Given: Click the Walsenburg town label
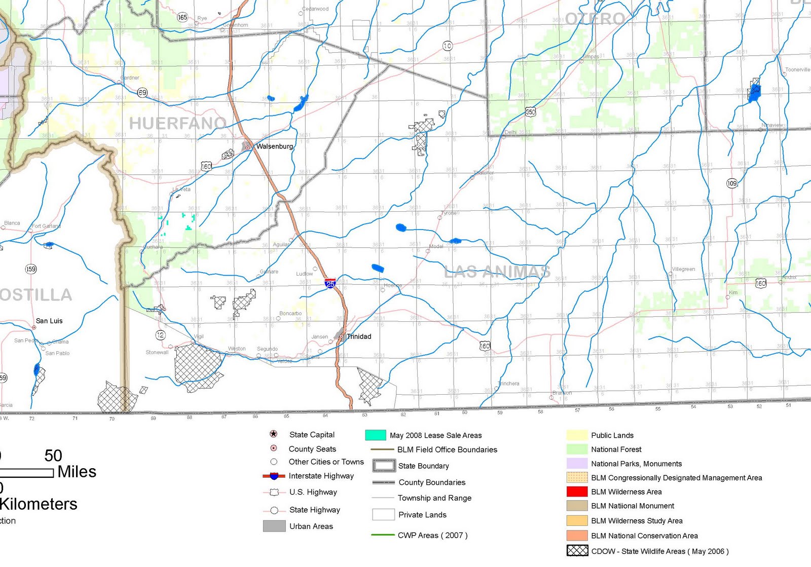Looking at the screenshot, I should pos(274,146).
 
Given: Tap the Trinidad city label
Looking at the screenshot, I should pos(359,336).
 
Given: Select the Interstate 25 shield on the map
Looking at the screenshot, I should pos(330,283).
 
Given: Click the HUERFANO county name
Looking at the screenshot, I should pos(177,123).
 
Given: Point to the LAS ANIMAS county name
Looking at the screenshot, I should pos(497,272).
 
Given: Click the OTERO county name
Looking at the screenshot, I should pos(595,19).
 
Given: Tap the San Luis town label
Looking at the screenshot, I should pos(49,321).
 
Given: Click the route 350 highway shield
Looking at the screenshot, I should pos(530,111).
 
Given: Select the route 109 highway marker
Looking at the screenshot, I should pos(732,183).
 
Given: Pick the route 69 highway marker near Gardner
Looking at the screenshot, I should pos(142,93).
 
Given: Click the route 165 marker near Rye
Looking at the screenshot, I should pos(182,17).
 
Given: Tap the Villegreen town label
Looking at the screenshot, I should pos(683,269).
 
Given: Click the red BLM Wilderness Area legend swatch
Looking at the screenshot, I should pos(577,492).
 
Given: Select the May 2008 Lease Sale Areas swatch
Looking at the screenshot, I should pos(375,435).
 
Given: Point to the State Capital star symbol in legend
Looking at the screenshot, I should pos(274,434).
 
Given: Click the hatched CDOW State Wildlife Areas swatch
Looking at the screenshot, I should pos(577,551).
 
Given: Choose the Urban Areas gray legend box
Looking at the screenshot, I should pos(274,526).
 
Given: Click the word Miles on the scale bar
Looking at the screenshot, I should pos(77,472).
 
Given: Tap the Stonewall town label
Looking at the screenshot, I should pos(157,352).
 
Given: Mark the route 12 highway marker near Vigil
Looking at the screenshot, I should pos(160,335).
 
